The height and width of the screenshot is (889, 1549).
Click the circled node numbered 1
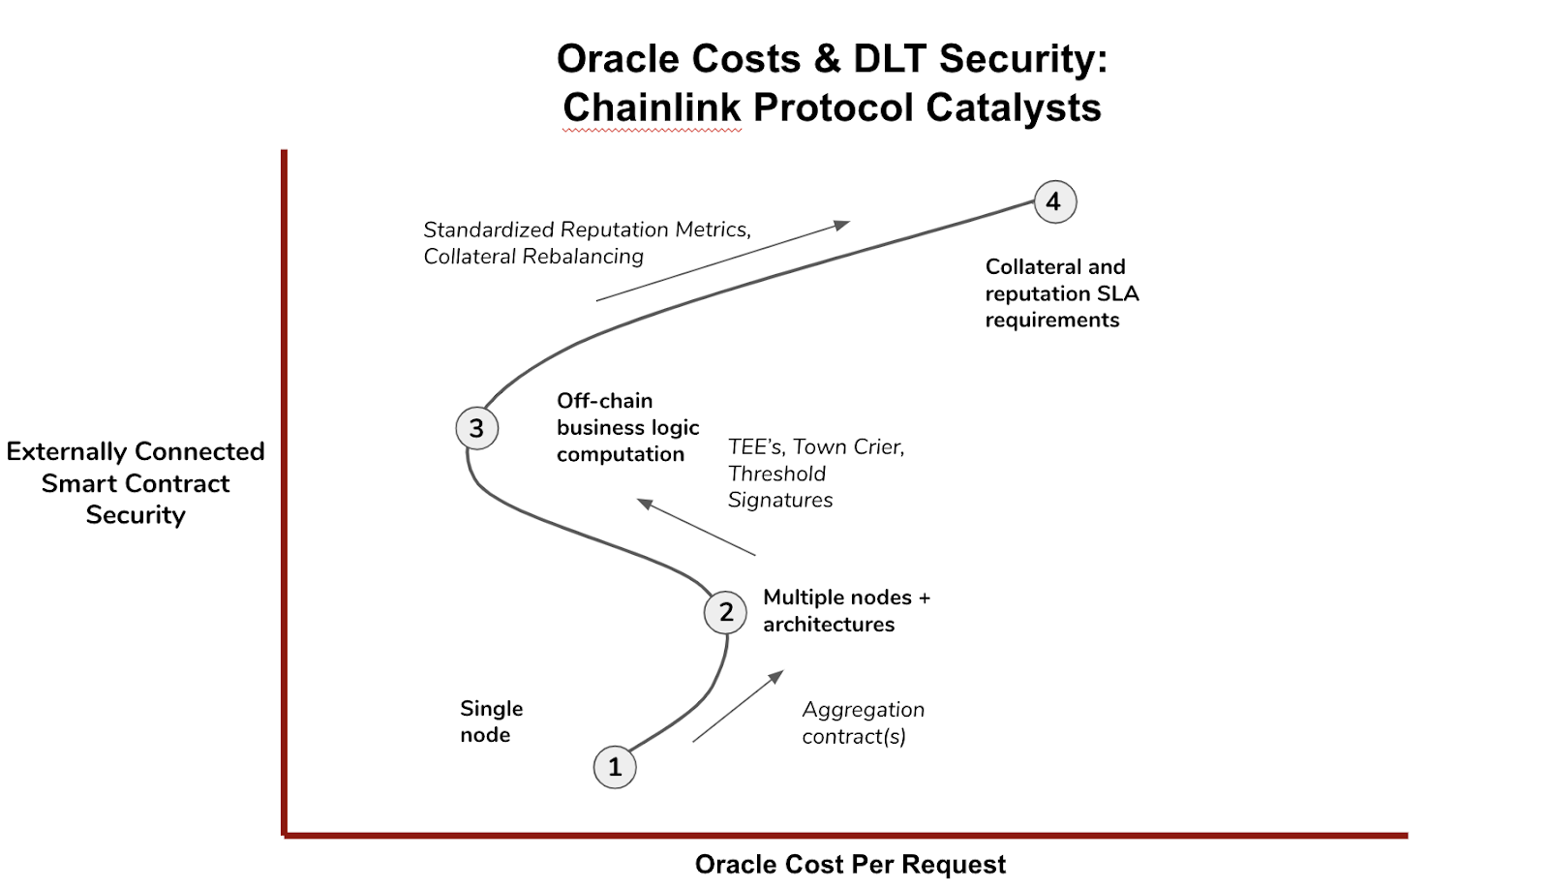coord(615,767)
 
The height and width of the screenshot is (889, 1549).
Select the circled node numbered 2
coord(725,612)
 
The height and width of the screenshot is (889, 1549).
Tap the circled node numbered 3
coord(477,428)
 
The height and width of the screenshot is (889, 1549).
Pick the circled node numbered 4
coord(1055,201)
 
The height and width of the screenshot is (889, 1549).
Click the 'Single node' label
coord(492,720)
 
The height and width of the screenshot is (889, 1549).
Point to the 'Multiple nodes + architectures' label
coord(846,610)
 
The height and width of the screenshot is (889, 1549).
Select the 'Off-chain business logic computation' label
coord(628,427)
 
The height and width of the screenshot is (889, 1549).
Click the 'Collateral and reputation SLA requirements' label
coord(1061,293)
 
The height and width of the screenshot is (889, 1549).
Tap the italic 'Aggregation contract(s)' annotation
coord(863,722)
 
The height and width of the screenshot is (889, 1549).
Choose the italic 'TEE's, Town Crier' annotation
coord(816,447)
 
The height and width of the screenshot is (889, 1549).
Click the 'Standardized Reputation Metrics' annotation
coord(587,229)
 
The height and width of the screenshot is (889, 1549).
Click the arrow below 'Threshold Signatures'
coord(696,527)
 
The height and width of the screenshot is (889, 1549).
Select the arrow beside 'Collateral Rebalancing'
coord(723,261)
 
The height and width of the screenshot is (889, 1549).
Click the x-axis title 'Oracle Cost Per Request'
coord(850,864)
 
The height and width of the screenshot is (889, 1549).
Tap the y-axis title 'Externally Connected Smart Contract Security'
coord(136,483)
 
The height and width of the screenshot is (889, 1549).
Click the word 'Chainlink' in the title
coord(652,107)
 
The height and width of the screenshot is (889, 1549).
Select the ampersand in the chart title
coord(827,58)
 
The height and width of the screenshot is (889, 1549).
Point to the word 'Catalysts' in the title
coord(1013,107)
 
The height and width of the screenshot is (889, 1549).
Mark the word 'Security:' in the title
coord(1023,59)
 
